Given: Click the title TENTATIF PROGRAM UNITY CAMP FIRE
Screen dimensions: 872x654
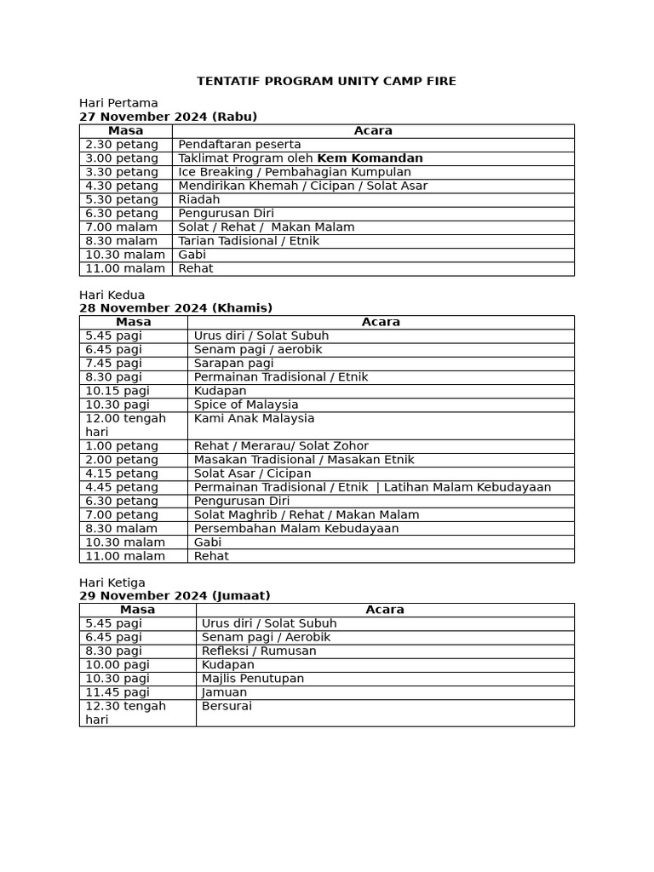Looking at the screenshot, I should tap(326, 81).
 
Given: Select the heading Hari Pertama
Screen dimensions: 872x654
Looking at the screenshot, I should tap(118, 103).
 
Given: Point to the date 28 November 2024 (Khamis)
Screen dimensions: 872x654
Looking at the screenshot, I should tap(175, 308).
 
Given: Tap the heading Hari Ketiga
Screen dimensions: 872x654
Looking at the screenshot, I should tap(112, 582).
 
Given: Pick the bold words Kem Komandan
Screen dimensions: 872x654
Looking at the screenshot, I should tap(370, 158).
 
